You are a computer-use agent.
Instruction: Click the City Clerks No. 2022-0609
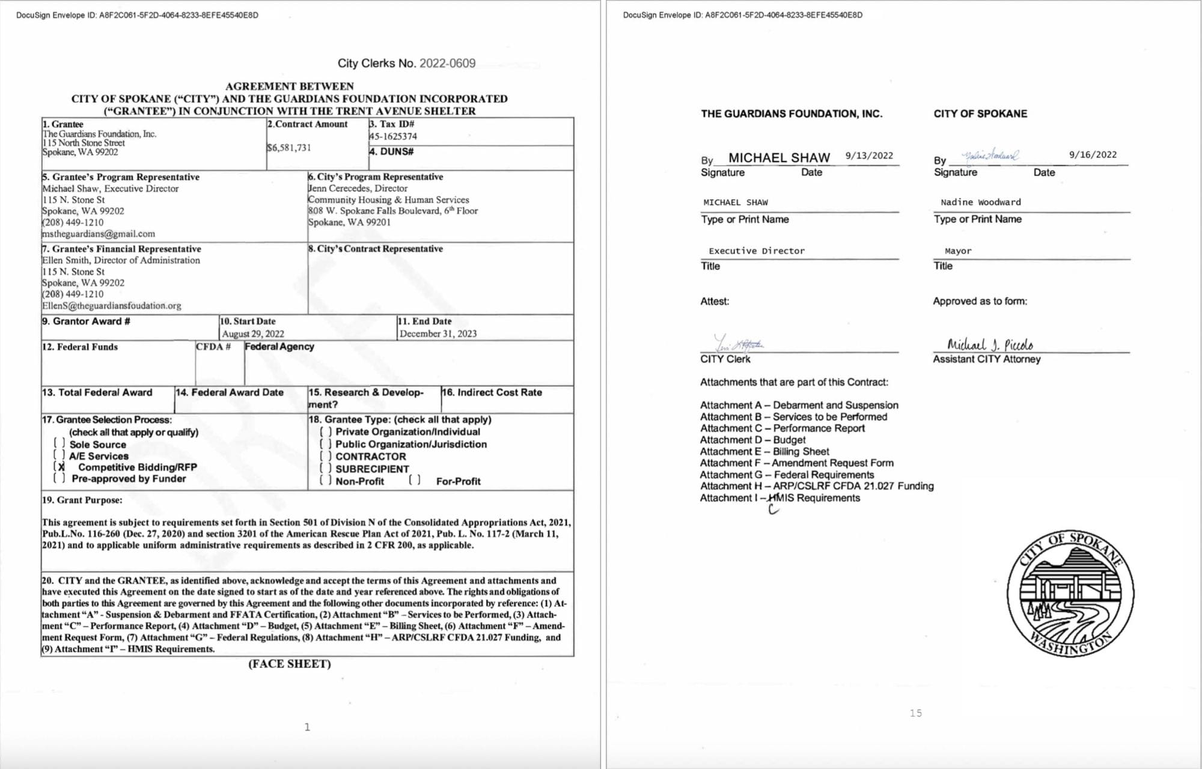click(406, 63)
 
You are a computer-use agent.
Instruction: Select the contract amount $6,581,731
click(289, 148)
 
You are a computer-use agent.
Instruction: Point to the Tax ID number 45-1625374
click(393, 136)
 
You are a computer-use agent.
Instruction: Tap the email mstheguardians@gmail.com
click(99, 234)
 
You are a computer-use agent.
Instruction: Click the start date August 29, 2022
click(253, 333)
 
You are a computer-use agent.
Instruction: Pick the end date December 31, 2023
click(438, 333)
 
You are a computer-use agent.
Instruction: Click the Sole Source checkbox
click(59, 443)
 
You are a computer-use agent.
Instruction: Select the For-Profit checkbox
click(415, 481)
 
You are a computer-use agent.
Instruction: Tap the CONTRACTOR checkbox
click(326, 456)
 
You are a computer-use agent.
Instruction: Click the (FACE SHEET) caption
click(290, 664)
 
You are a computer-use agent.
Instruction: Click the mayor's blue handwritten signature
click(990, 156)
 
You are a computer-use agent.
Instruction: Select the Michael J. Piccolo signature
click(990, 344)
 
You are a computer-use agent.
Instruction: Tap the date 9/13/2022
click(869, 156)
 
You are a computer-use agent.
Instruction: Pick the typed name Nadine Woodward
click(980, 202)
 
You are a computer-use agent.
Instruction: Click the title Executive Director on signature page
click(756, 251)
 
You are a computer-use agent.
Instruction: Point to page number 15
click(915, 713)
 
